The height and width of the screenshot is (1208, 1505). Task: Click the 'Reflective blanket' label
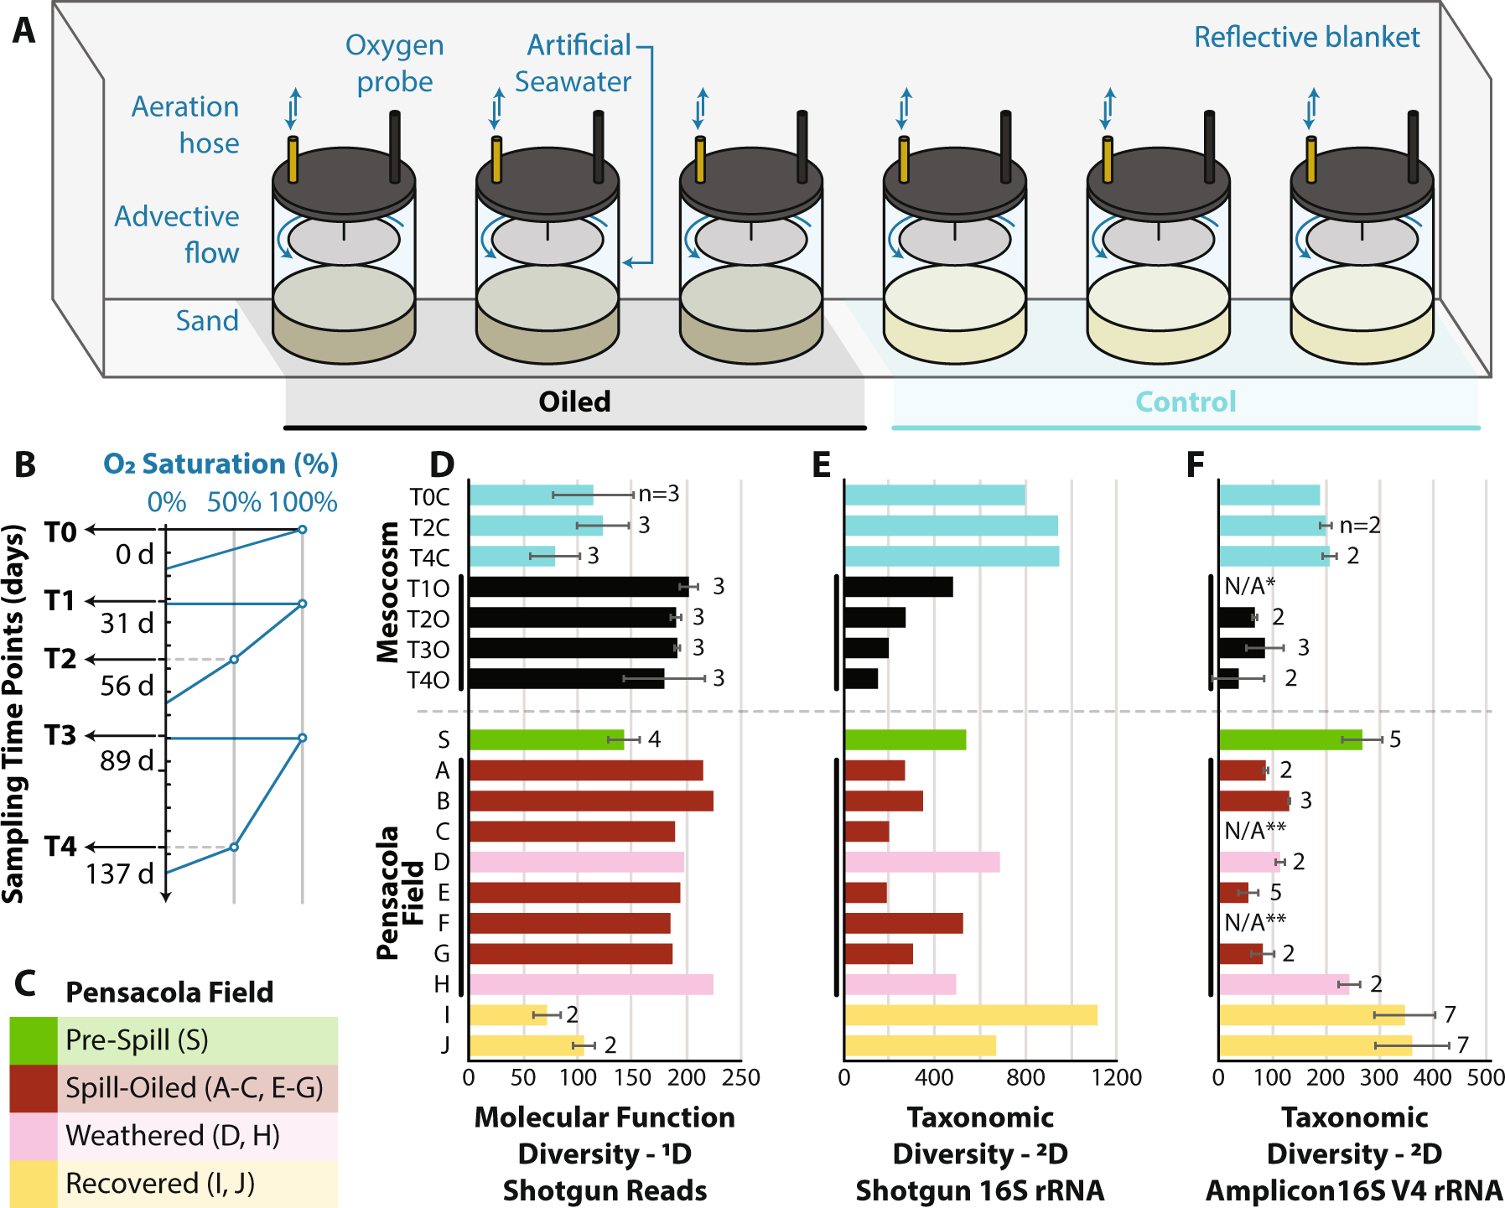(1306, 38)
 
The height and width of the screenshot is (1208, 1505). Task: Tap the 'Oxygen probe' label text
(394, 64)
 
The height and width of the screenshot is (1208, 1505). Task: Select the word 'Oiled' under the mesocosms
(574, 402)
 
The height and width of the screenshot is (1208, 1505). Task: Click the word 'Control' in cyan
(1186, 402)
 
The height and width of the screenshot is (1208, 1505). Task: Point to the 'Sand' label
(207, 321)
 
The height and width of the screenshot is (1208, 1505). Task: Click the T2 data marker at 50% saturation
(234, 660)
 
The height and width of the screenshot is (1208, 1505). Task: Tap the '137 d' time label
(120, 874)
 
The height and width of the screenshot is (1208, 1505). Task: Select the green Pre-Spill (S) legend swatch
(34, 1040)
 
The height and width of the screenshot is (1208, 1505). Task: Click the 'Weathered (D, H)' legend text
(173, 1136)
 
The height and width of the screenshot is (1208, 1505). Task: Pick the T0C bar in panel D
(531, 495)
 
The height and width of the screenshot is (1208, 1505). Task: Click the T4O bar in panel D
(566, 679)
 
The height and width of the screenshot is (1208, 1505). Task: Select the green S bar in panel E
(905, 739)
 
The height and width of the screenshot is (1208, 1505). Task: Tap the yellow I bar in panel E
(970, 1015)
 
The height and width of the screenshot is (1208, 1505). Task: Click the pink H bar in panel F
(1284, 984)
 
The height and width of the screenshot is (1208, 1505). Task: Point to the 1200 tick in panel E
(1116, 1077)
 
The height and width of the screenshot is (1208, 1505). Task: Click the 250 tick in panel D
(741, 1077)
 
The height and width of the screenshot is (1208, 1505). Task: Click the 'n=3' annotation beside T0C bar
(659, 495)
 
